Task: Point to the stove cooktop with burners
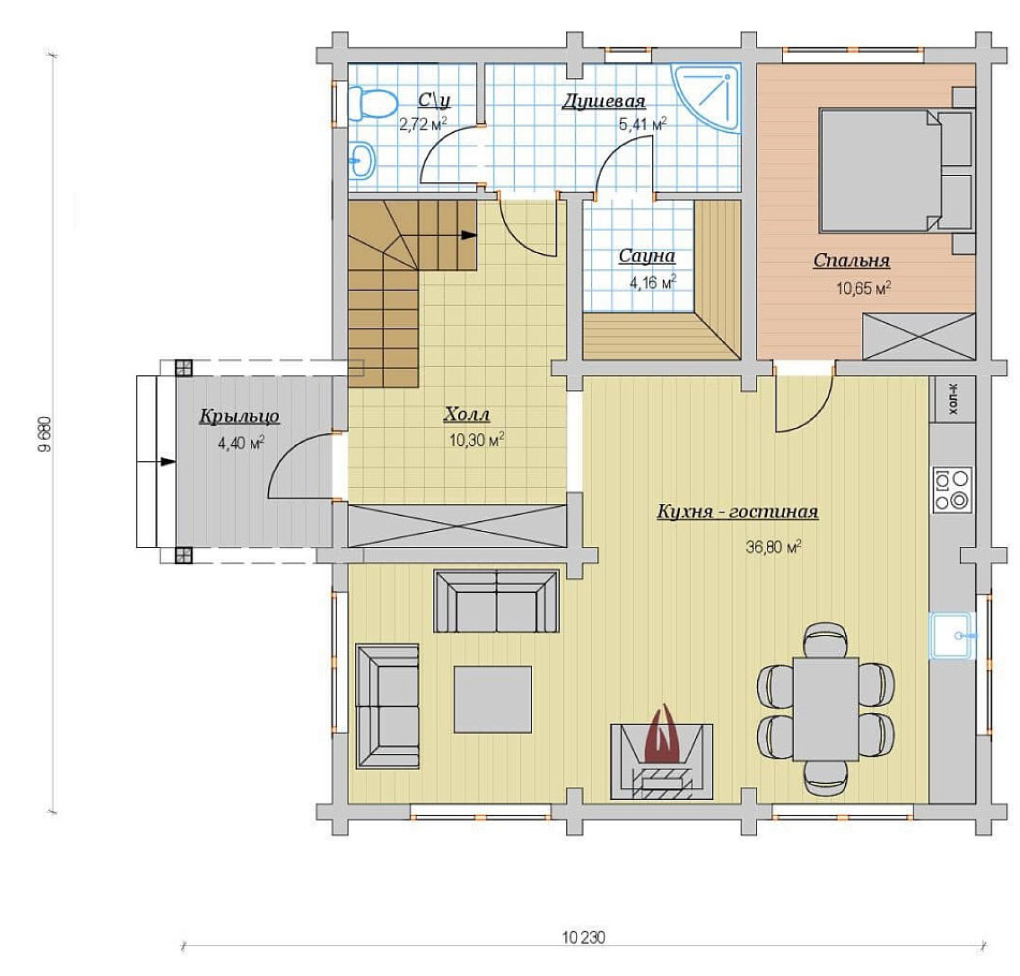952,490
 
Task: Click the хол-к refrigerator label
953,399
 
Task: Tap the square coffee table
493,700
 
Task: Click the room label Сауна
646,257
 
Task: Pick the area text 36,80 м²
773,547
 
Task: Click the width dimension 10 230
584,937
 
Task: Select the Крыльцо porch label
239,416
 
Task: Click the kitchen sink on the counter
952,636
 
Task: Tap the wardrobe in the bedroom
919,337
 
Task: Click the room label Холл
467,414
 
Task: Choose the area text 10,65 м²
863,288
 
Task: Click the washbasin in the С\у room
363,161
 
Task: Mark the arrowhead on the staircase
469,235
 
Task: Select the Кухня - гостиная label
737,512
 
